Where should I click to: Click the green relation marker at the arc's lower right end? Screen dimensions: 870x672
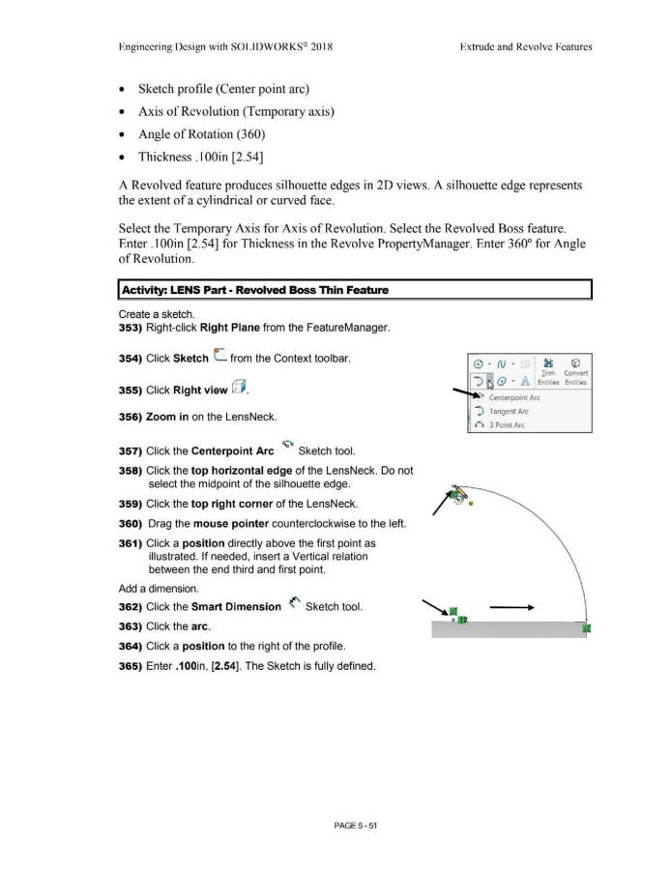(x=587, y=629)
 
